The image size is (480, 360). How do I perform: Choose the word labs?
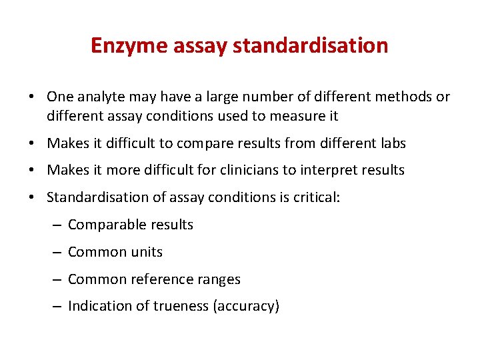pyautogui.click(x=392, y=143)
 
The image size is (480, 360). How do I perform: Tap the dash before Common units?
pyautogui.click(x=57, y=252)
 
